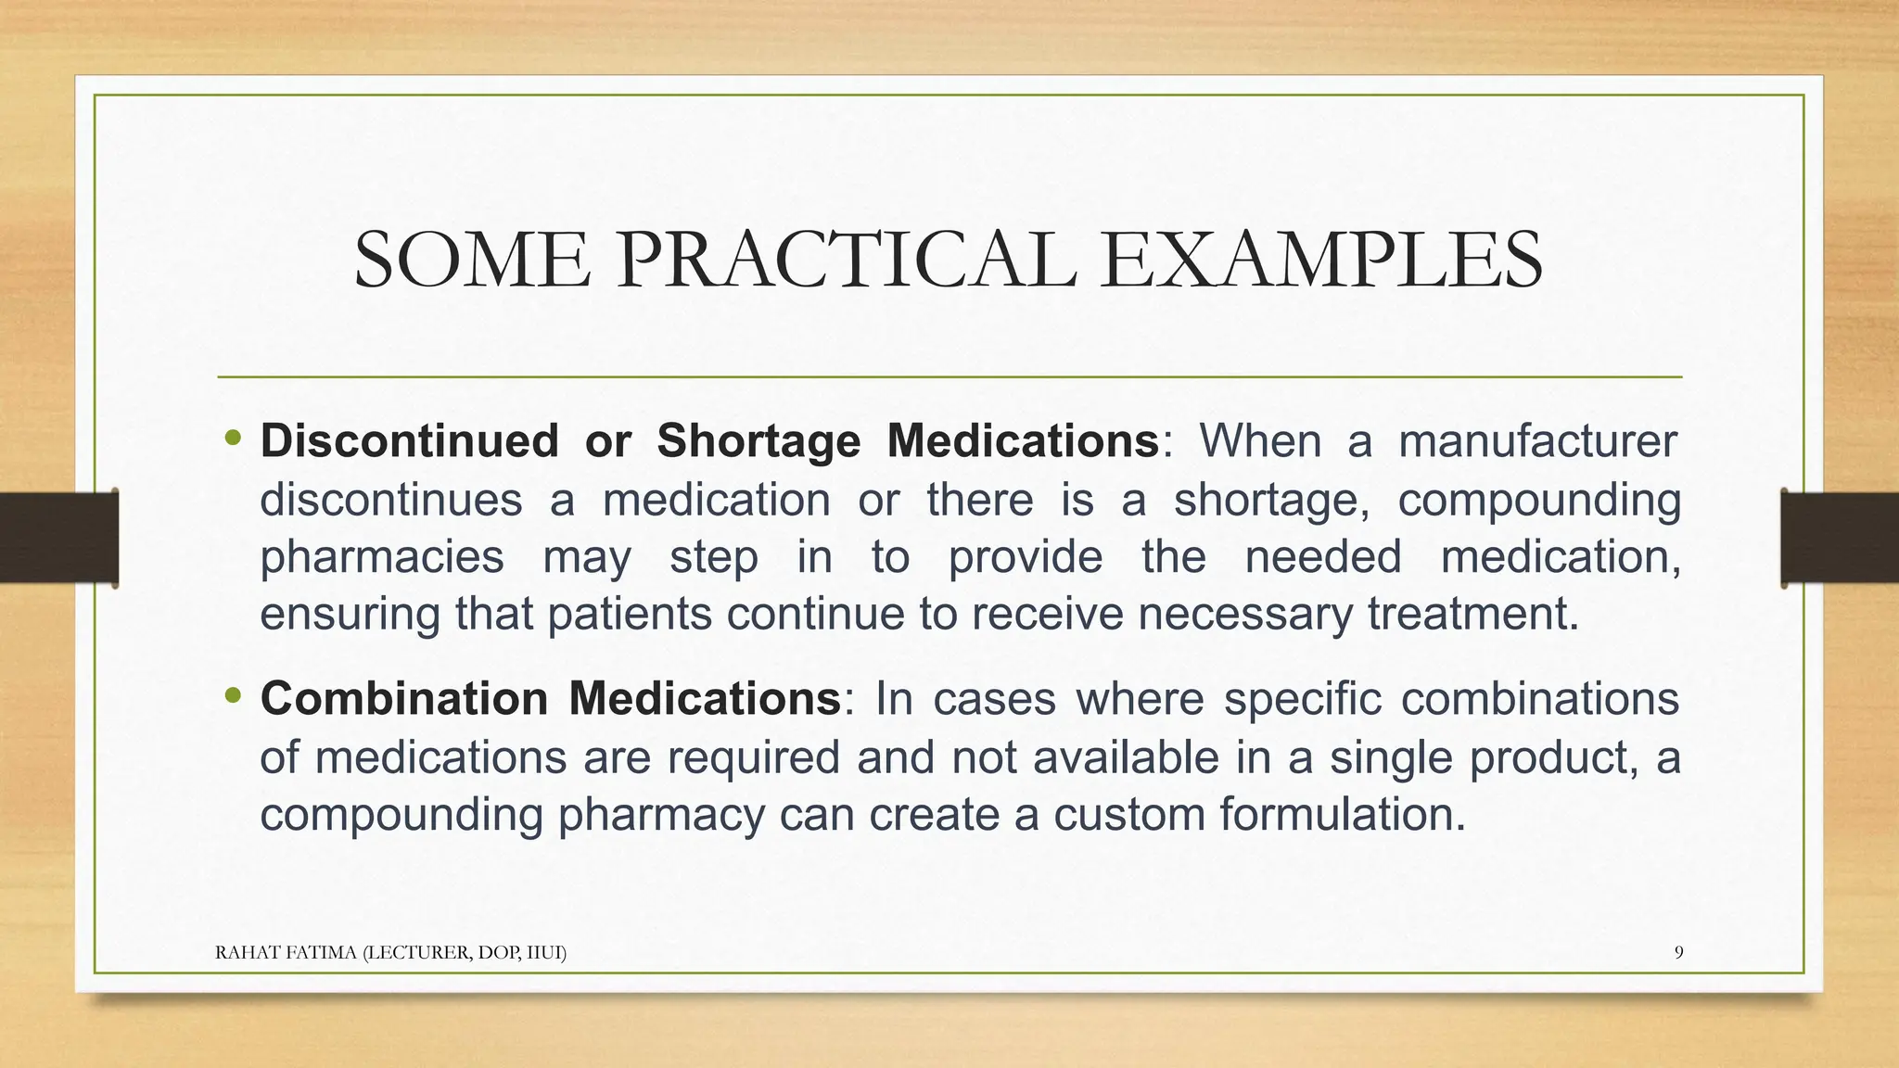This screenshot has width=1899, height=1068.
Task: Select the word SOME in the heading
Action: point(471,261)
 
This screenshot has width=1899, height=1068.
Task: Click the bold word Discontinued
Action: point(409,440)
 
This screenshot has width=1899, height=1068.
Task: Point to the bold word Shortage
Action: point(758,440)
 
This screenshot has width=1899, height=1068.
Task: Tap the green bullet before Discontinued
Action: point(233,437)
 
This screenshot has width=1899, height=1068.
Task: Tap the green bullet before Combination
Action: point(233,694)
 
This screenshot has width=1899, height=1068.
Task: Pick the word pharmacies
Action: point(381,557)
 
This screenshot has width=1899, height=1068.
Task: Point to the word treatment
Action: point(1472,614)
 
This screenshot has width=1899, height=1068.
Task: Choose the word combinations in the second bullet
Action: point(1539,698)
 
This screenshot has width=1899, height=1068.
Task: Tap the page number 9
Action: point(1678,952)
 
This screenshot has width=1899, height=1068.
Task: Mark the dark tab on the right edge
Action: point(1840,538)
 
